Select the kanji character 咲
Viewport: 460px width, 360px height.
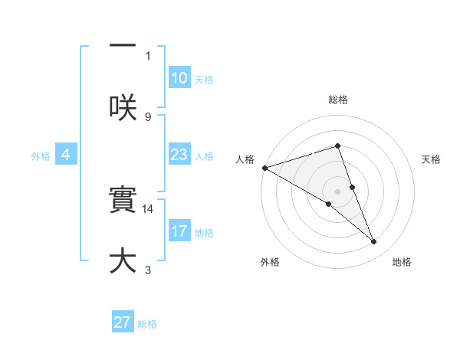click(123, 106)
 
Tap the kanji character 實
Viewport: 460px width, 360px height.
click(123, 201)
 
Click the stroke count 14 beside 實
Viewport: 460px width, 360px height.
click(148, 208)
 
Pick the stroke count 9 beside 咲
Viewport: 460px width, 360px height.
click(148, 116)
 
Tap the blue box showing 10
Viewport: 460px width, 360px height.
click(179, 78)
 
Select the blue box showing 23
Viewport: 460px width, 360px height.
click(179, 155)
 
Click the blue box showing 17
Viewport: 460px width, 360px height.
click(179, 231)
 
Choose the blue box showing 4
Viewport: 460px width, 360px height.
click(66, 155)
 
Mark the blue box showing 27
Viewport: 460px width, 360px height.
click(123, 322)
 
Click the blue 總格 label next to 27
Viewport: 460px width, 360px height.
click(147, 324)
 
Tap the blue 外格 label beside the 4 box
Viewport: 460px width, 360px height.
click(41, 156)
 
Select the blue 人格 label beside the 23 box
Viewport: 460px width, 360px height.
click(204, 156)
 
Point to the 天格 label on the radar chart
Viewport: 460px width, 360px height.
click(432, 159)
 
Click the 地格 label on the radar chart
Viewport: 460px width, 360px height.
click(402, 262)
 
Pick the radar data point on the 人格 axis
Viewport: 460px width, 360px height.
click(264, 168)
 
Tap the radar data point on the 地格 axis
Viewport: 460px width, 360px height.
click(374, 242)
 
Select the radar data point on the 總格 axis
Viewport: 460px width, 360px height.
click(337, 146)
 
